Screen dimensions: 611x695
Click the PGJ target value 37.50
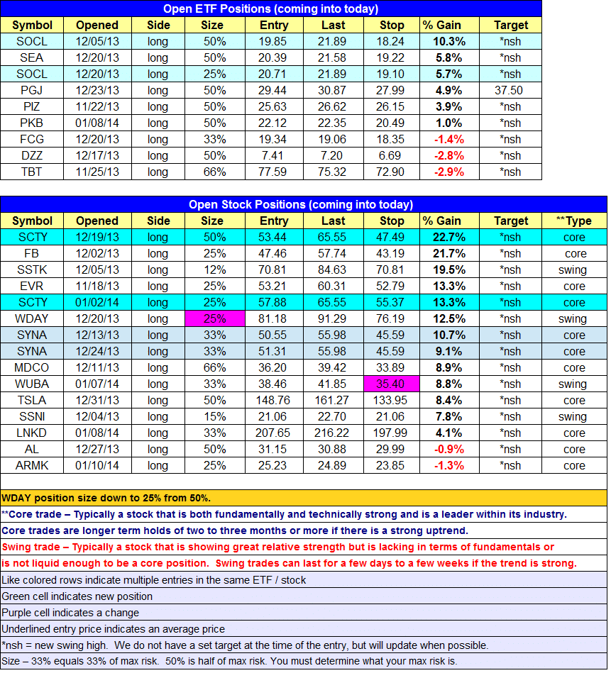click(509, 91)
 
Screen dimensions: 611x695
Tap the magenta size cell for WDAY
click(215, 318)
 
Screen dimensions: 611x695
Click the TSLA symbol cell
click(32, 400)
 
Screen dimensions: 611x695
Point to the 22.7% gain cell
click(449, 237)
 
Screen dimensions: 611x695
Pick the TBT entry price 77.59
click(273, 172)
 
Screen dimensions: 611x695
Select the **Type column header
click(574, 221)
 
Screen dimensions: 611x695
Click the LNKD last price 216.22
click(331, 433)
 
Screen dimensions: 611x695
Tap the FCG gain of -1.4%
click(449, 140)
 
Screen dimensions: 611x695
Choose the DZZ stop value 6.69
click(390, 156)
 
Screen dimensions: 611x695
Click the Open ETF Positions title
click(271, 9)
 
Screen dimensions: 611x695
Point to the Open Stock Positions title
click(301, 204)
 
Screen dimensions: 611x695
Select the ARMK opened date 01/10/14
click(97, 466)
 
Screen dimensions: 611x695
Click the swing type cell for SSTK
click(573, 270)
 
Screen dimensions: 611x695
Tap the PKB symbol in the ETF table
click(31, 123)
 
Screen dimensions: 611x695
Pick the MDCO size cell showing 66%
click(215, 368)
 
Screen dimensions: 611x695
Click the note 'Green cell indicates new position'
click(77, 596)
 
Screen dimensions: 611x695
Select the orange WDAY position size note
click(106, 498)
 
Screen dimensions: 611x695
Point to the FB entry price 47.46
click(273, 254)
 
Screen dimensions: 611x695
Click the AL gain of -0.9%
click(449, 450)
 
